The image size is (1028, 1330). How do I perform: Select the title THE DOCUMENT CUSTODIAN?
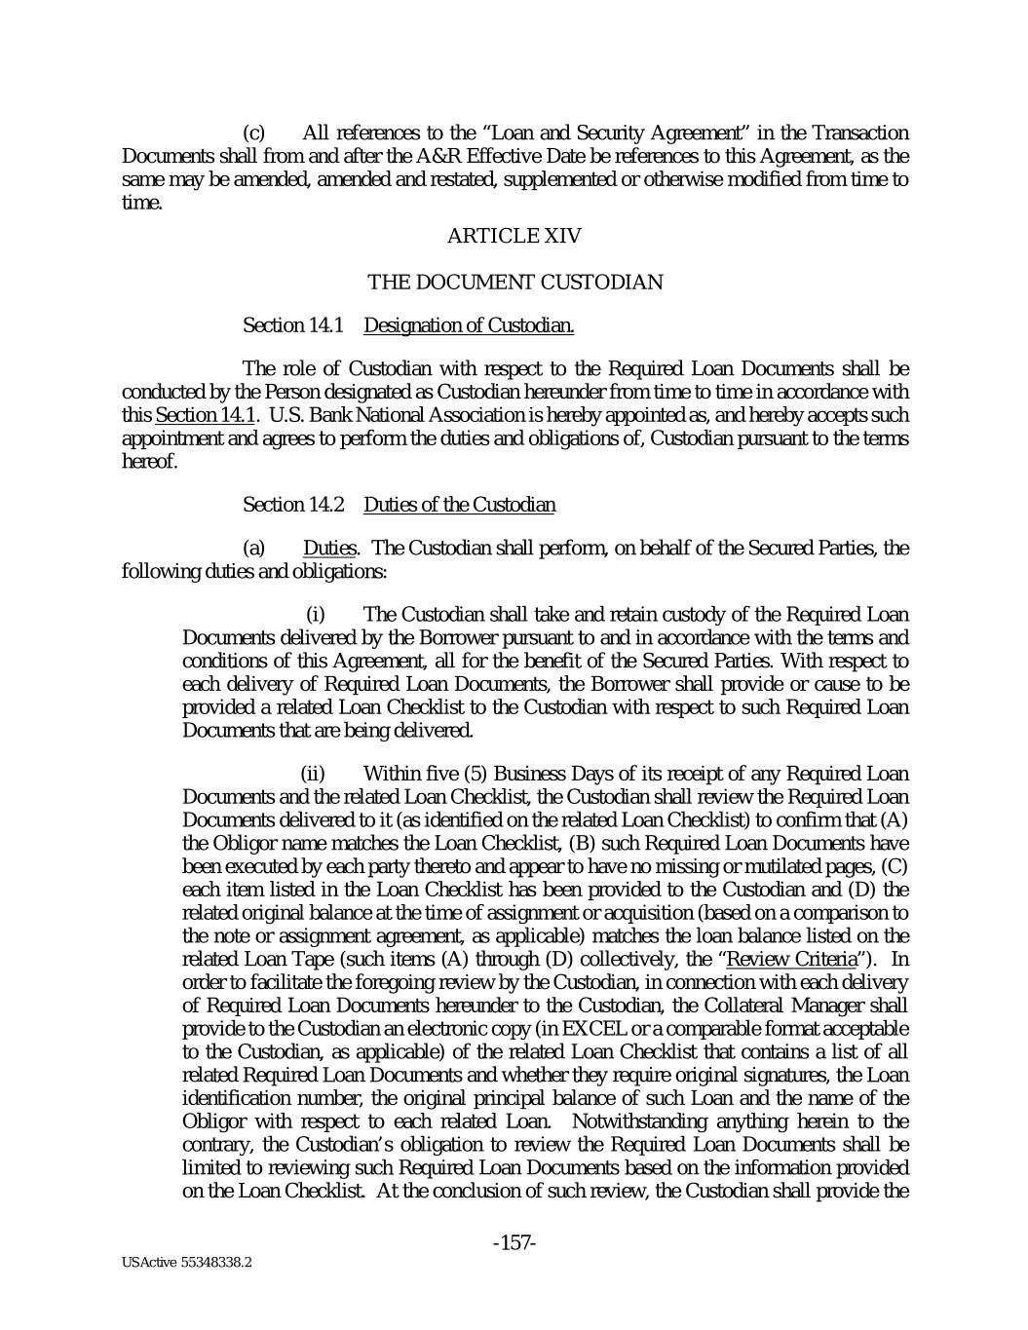point(514,283)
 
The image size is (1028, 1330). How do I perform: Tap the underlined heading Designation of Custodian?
point(468,325)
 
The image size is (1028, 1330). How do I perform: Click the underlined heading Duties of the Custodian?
point(459,505)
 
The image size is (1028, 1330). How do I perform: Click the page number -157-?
point(514,1243)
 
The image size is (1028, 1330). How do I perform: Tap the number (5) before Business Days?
point(476,775)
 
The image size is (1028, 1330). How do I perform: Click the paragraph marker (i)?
point(315,615)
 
